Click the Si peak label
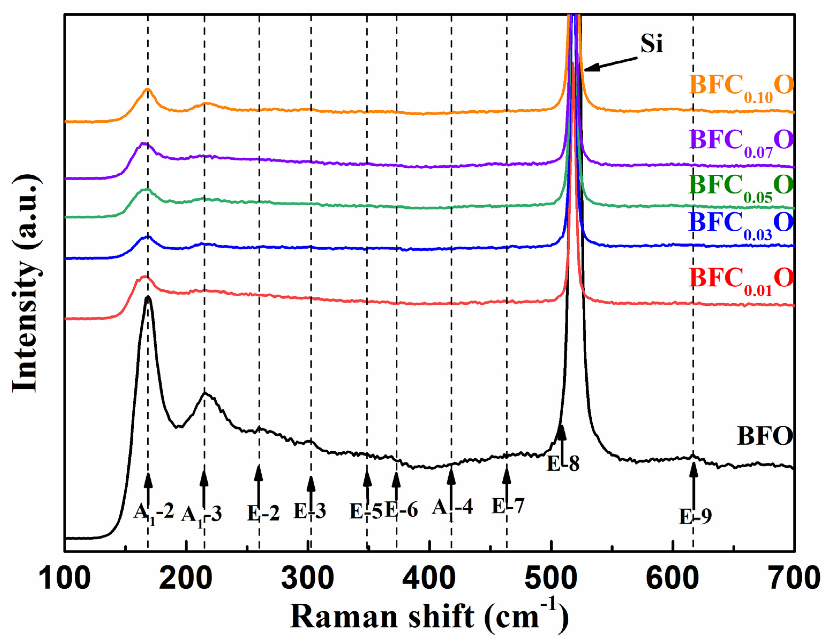pos(651,44)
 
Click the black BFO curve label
pos(765,436)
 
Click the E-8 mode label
pos(563,464)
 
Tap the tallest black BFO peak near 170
pos(148,298)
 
